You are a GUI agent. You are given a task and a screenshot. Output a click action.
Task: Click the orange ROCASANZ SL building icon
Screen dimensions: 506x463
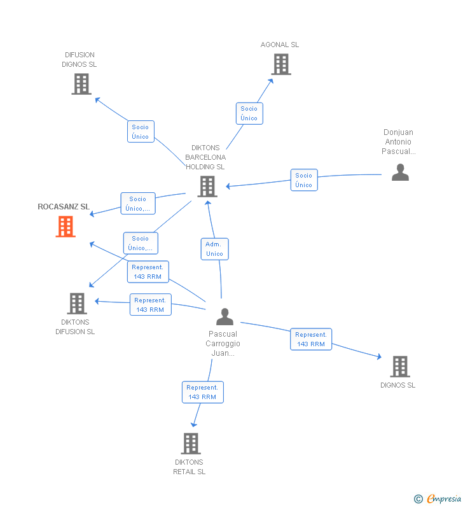(66, 227)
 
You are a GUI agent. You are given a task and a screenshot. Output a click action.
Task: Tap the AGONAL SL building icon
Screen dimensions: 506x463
(280, 64)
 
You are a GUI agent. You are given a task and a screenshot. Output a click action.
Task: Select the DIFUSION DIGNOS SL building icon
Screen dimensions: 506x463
(81, 84)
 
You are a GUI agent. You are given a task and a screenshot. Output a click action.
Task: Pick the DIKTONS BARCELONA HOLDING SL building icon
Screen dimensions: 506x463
(207, 186)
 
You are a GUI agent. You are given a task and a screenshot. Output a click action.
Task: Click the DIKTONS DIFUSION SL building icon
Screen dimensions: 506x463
(77, 304)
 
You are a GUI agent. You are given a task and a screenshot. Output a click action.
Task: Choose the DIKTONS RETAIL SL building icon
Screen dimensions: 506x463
(190, 444)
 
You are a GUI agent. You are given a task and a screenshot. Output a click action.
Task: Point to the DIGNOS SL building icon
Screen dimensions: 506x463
(399, 367)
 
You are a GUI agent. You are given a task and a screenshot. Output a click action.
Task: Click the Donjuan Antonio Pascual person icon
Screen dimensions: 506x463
(400, 172)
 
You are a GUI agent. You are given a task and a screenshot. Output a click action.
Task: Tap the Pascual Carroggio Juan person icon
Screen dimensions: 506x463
(225, 316)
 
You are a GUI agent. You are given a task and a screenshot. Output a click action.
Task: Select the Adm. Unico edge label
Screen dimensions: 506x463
(214, 249)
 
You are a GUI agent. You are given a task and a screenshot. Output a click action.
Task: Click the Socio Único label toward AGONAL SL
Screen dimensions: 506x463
(249, 113)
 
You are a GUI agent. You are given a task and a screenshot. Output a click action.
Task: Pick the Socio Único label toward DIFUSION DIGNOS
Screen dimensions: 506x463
(141, 132)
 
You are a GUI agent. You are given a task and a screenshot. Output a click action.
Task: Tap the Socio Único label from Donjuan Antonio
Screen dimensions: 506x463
(304, 180)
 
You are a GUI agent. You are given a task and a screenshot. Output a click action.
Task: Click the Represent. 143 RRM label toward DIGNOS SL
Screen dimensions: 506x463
(311, 339)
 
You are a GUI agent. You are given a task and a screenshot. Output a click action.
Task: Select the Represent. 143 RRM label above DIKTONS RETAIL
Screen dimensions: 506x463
(202, 392)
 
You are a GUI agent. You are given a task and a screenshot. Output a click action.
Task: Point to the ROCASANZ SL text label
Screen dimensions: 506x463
(64, 207)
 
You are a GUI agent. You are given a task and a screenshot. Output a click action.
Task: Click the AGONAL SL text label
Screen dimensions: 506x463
(280, 45)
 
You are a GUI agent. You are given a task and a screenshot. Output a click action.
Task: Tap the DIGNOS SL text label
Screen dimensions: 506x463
(398, 385)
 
